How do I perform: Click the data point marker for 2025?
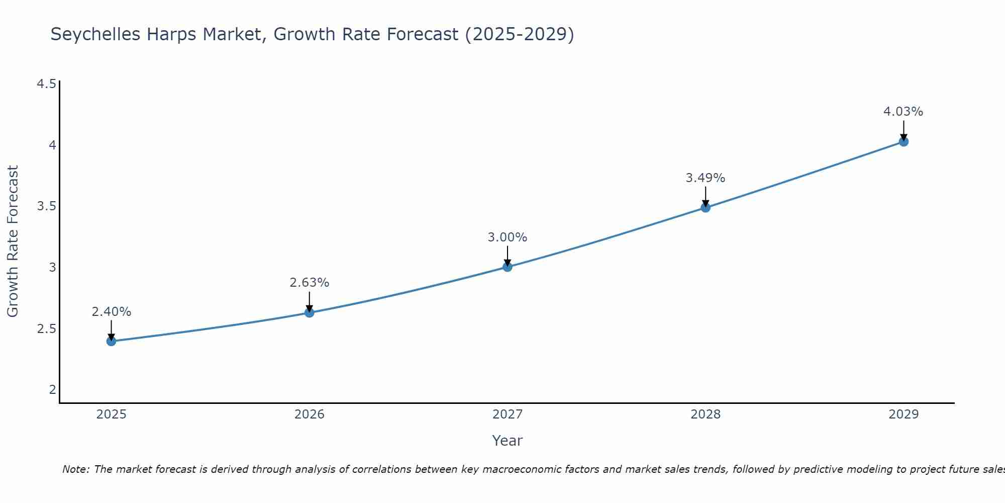click(111, 341)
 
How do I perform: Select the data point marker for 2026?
click(309, 312)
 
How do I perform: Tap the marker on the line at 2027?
click(508, 267)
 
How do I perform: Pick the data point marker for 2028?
click(706, 207)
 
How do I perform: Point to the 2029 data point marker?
click(903, 141)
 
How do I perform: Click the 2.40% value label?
click(111, 312)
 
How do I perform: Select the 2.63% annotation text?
click(309, 283)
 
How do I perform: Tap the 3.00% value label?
click(508, 237)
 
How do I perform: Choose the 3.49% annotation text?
click(706, 178)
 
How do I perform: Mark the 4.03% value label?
click(903, 112)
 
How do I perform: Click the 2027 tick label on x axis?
click(508, 414)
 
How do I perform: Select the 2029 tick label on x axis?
click(903, 414)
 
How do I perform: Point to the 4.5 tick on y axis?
click(46, 84)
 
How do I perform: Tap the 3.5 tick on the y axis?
click(46, 206)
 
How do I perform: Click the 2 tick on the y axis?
click(52, 389)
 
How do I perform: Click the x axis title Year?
click(508, 441)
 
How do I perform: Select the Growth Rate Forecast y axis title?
click(13, 241)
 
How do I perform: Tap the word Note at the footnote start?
click(75, 469)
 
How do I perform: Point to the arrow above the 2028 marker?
click(706, 197)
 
